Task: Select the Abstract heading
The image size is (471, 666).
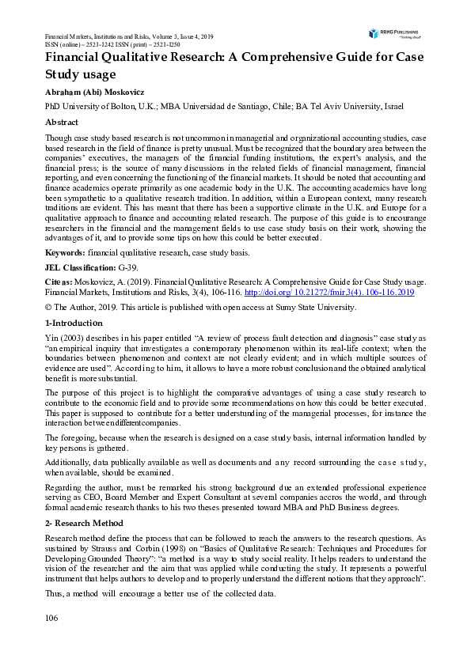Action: pos(61,123)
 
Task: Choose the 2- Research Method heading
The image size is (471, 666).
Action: pos(83,524)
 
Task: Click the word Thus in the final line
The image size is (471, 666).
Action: pos(53,593)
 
